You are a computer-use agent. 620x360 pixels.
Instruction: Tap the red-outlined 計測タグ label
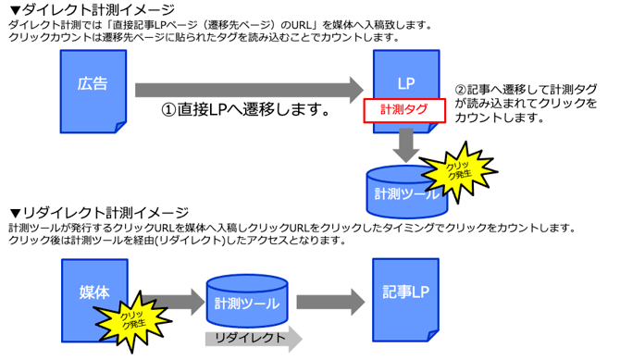click(x=403, y=109)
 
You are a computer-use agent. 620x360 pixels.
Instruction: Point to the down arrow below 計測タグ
click(x=404, y=142)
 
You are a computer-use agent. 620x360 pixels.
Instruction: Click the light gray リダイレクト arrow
click(x=253, y=339)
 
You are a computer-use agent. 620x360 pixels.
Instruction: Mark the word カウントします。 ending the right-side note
click(x=496, y=118)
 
